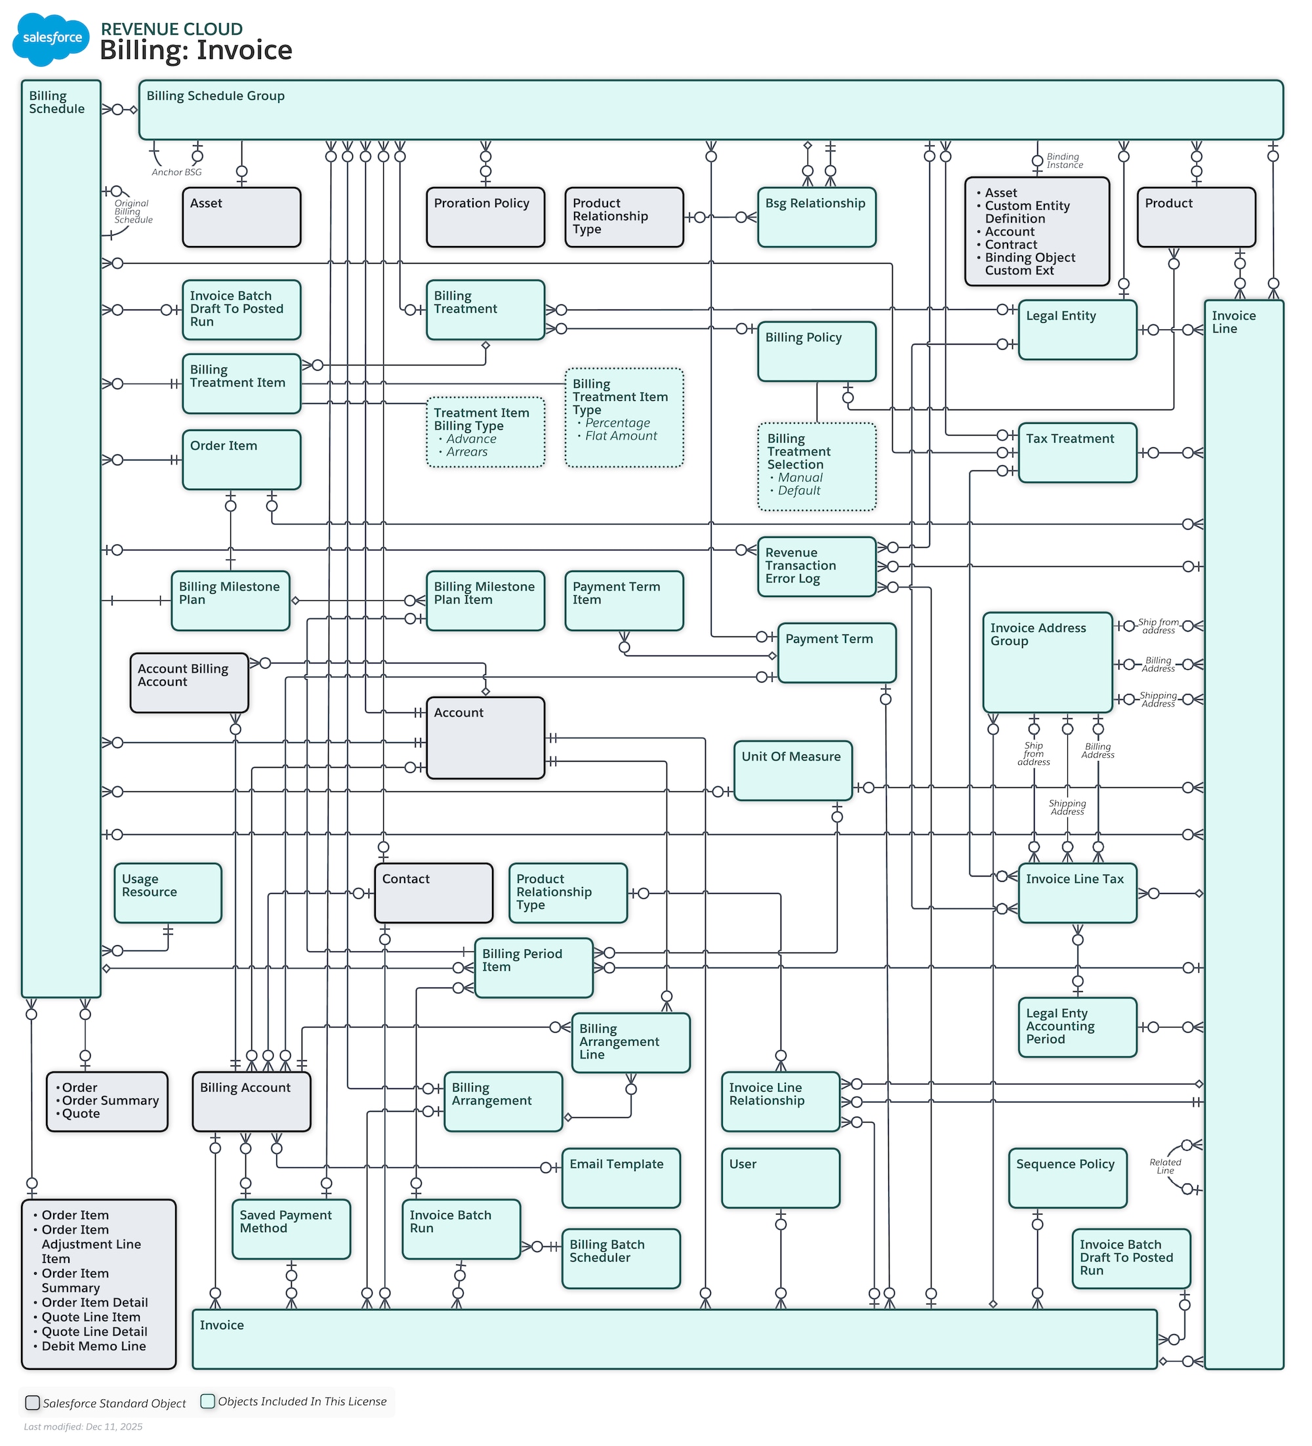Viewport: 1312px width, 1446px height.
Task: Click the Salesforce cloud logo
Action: pos(51,39)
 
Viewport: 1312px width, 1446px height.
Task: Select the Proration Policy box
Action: pos(485,218)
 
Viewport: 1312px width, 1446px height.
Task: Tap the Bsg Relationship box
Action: pos(816,218)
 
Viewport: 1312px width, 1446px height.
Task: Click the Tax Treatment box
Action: pos(1076,453)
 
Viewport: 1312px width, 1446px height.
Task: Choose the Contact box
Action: pos(433,894)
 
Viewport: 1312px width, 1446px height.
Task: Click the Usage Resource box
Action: pos(168,894)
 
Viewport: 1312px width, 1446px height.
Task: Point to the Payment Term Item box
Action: pos(623,601)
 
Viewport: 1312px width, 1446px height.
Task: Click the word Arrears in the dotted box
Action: pos(466,453)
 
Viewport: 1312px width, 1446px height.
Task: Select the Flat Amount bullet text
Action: pos(621,436)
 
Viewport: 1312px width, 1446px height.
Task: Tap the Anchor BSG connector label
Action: pos(176,173)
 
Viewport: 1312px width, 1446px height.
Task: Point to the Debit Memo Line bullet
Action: pos(93,1347)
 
